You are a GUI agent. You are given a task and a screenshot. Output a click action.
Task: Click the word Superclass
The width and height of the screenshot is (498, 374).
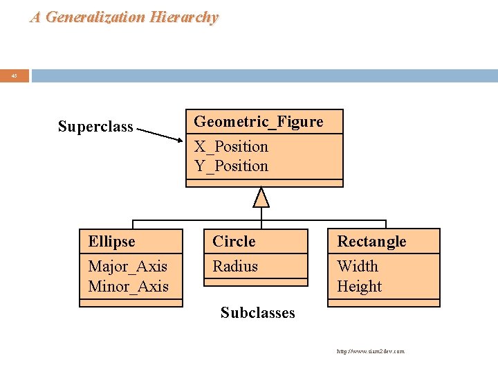coord(95,127)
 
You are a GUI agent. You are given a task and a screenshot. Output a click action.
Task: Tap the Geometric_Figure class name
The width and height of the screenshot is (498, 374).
coord(258,122)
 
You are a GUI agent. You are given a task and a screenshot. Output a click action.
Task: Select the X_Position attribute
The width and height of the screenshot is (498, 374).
coord(230,146)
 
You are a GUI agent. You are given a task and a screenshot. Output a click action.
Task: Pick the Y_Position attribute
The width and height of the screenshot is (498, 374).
coord(230,166)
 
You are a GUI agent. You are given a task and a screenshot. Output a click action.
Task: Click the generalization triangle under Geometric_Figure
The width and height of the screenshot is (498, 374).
coord(261,198)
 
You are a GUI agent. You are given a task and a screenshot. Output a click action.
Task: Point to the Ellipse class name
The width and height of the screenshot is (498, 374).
coord(111,242)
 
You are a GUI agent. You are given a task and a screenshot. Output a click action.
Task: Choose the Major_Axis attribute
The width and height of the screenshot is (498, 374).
coord(128,266)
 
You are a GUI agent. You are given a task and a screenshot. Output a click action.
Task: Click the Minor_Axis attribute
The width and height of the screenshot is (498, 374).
coord(128,286)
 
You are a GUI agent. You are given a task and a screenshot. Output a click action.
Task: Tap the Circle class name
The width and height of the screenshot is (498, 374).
coord(234,242)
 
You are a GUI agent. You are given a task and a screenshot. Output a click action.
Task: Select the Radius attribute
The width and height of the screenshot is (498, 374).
coord(235,266)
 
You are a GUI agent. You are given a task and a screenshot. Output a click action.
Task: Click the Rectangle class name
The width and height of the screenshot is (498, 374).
coord(371,242)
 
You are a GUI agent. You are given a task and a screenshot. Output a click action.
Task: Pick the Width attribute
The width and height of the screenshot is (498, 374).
coord(358,266)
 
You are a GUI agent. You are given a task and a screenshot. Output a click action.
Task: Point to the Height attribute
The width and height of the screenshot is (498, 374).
coord(360,286)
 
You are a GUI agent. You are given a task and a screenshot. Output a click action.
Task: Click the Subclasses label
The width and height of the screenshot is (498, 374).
coord(257,313)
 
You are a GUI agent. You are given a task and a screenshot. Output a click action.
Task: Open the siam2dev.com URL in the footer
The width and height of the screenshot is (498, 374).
coord(370,351)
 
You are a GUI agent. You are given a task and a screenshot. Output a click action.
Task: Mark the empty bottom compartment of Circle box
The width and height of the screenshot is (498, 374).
coord(255,282)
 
